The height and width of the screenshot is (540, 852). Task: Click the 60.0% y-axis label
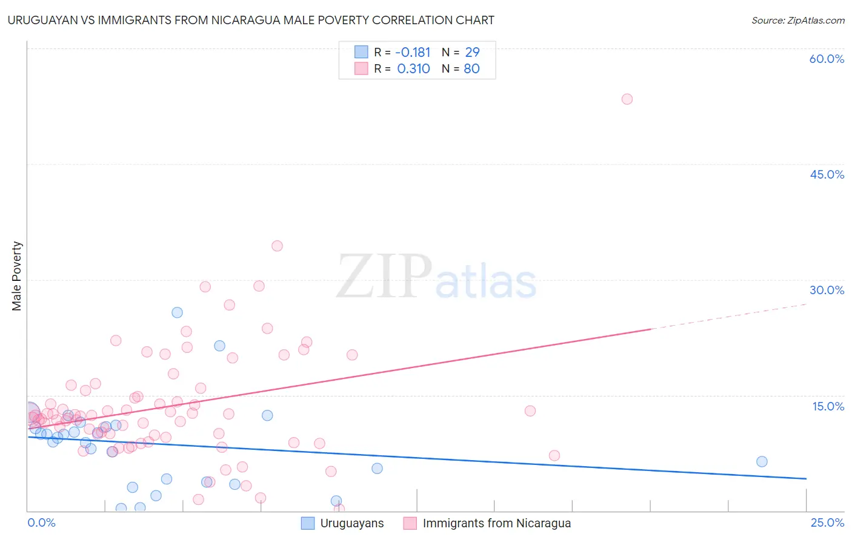[x=827, y=59]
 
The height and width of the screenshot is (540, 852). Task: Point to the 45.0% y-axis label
[x=827, y=174]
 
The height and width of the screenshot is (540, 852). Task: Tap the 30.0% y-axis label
[x=827, y=290]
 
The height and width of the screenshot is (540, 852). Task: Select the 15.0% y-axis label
[x=828, y=406]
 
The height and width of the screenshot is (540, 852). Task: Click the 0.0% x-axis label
[x=41, y=523]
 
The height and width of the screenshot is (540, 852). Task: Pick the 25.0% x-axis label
[x=827, y=523]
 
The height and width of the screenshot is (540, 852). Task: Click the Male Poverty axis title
[x=17, y=276]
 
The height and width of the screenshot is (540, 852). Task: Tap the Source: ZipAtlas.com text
[x=797, y=21]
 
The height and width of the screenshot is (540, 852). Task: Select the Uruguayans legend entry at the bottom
[x=351, y=524]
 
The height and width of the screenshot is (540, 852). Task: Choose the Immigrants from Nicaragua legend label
[x=496, y=524]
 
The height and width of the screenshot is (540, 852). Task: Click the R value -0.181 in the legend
[x=412, y=53]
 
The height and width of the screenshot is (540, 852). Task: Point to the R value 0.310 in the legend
[x=413, y=69]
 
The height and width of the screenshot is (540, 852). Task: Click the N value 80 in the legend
[x=471, y=69]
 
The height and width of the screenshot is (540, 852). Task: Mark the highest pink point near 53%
[x=627, y=99]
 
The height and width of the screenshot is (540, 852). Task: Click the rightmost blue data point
[x=762, y=462]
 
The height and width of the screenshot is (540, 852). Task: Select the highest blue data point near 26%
[x=177, y=312]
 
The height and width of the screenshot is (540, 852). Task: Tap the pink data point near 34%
[x=277, y=246]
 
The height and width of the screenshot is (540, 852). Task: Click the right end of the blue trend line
[x=806, y=479]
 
